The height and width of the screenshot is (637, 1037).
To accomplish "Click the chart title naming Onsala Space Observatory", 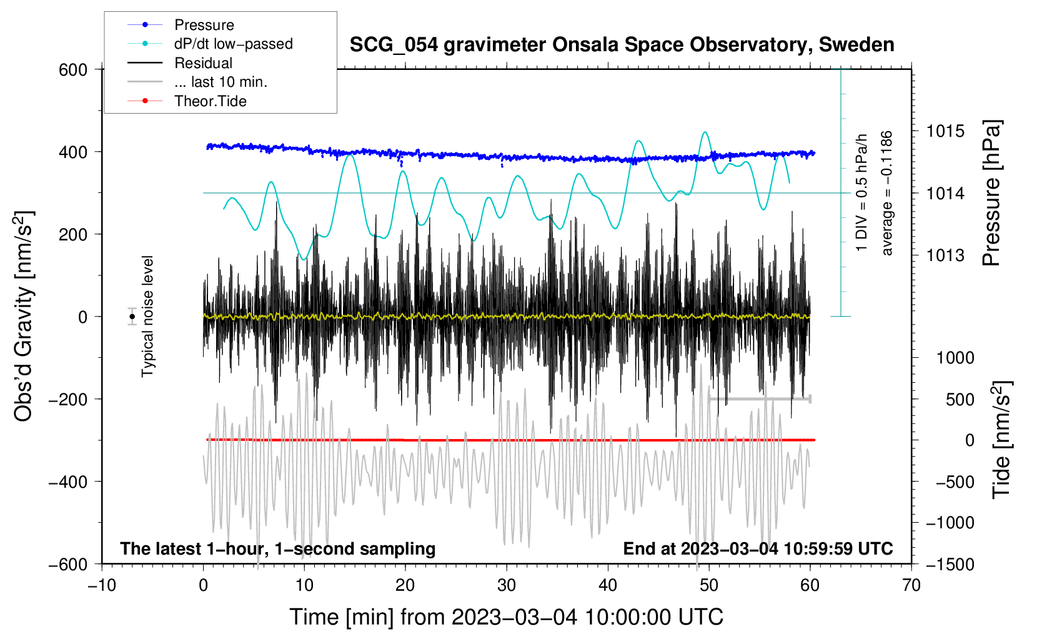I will tap(622, 45).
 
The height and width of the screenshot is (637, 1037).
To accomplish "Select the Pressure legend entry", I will tap(204, 25).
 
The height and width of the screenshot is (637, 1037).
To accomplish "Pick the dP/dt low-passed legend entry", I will tap(233, 44).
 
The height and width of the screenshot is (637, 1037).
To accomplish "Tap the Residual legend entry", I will tap(203, 63).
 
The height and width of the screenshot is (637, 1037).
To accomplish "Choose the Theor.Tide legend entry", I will tap(210, 101).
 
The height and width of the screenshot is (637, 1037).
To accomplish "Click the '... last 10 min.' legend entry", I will tap(221, 82).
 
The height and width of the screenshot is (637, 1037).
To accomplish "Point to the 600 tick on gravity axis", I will tap(73, 69).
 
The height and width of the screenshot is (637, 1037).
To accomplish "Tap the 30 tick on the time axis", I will tap(507, 585).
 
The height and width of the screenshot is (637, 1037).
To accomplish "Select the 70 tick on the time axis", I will tap(911, 585).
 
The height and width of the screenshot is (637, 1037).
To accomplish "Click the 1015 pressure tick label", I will tap(945, 131).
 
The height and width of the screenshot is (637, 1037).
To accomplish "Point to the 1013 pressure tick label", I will tap(945, 255).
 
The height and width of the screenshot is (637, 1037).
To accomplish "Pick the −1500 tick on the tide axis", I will tap(950, 564).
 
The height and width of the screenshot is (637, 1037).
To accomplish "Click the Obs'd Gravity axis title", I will tap(24, 317).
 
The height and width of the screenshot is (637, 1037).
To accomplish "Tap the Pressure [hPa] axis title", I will tap(991, 193).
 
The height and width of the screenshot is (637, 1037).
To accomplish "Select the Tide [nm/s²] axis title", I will tap(1001, 440).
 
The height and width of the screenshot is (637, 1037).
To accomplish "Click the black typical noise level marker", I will tap(132, 317).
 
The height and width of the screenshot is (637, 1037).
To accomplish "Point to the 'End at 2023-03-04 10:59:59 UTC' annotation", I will tap(758, 548).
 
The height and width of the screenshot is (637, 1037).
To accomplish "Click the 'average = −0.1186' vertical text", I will tap(887, 193).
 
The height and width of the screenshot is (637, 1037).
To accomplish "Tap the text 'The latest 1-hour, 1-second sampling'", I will tap(277, 548).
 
